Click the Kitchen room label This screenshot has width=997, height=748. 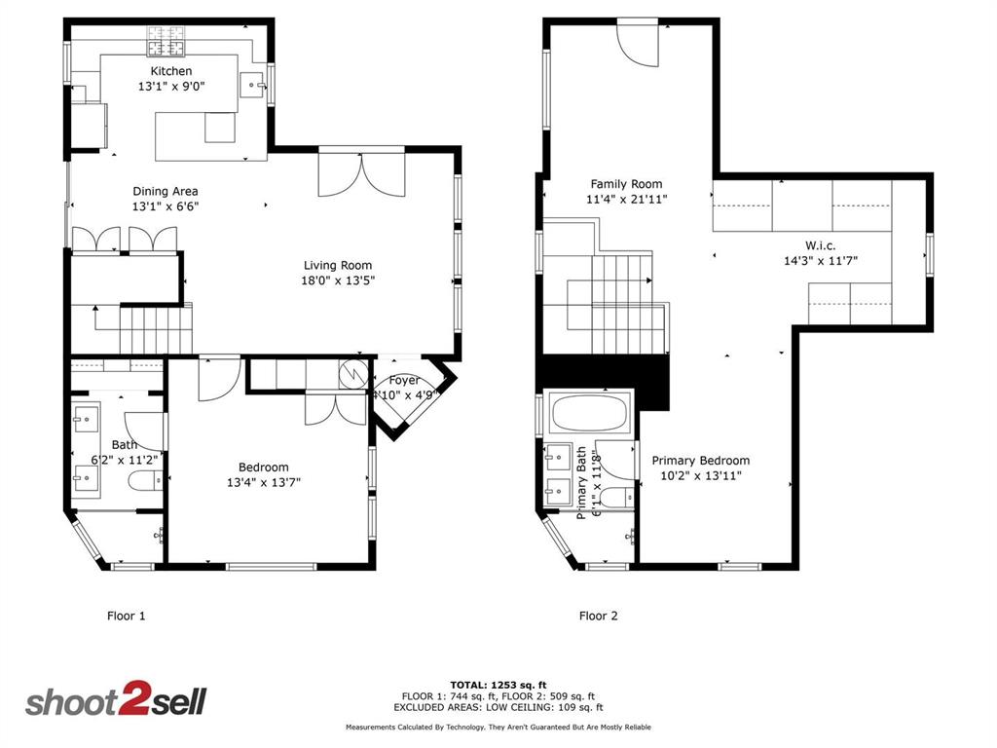click(x=170, y=71)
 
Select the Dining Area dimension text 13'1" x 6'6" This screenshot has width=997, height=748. click(x=166, y=206)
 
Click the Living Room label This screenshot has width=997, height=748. click(x=338, y=265)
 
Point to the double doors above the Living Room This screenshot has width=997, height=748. click(x=361, y=172)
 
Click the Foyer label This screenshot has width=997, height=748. click(x=404, y=380)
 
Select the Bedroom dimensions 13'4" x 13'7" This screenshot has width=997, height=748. click(x=264, y=481)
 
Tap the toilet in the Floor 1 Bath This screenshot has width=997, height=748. click(x=142, y=481)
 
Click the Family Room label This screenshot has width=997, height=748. click(x=626, y=183)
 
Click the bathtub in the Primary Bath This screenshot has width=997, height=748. click(x=590, y=413)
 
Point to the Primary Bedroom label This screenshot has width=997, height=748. click(x=701, y=461)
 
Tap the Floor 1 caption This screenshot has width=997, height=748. click(x=126, y=616)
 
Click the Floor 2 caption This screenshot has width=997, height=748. click(x=598, y=616)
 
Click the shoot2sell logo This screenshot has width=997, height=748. click(x=115, y=701)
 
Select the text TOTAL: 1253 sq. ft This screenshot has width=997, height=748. click(x=498, y=685)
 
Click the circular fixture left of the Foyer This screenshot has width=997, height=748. click(x=351, y=373)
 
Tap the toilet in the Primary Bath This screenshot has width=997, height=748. click(x=612, y=497)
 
